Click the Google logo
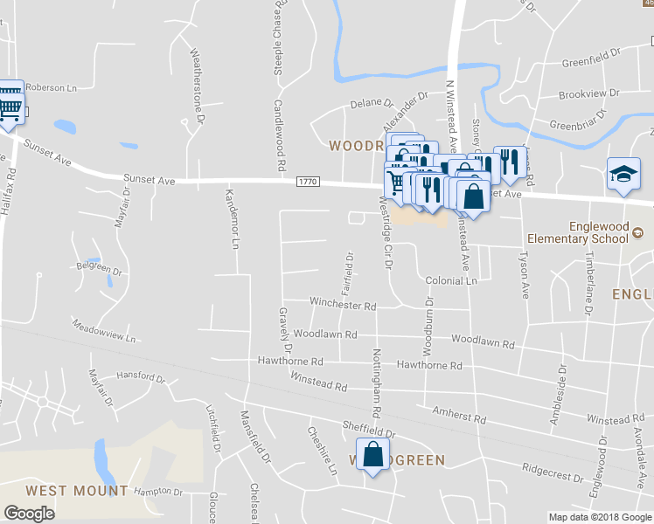point(29,514)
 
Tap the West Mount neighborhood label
point(77,492)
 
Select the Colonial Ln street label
point(451,281)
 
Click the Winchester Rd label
point(343,306)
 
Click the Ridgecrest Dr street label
point(552,472)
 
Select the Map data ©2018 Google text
point(600,517)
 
